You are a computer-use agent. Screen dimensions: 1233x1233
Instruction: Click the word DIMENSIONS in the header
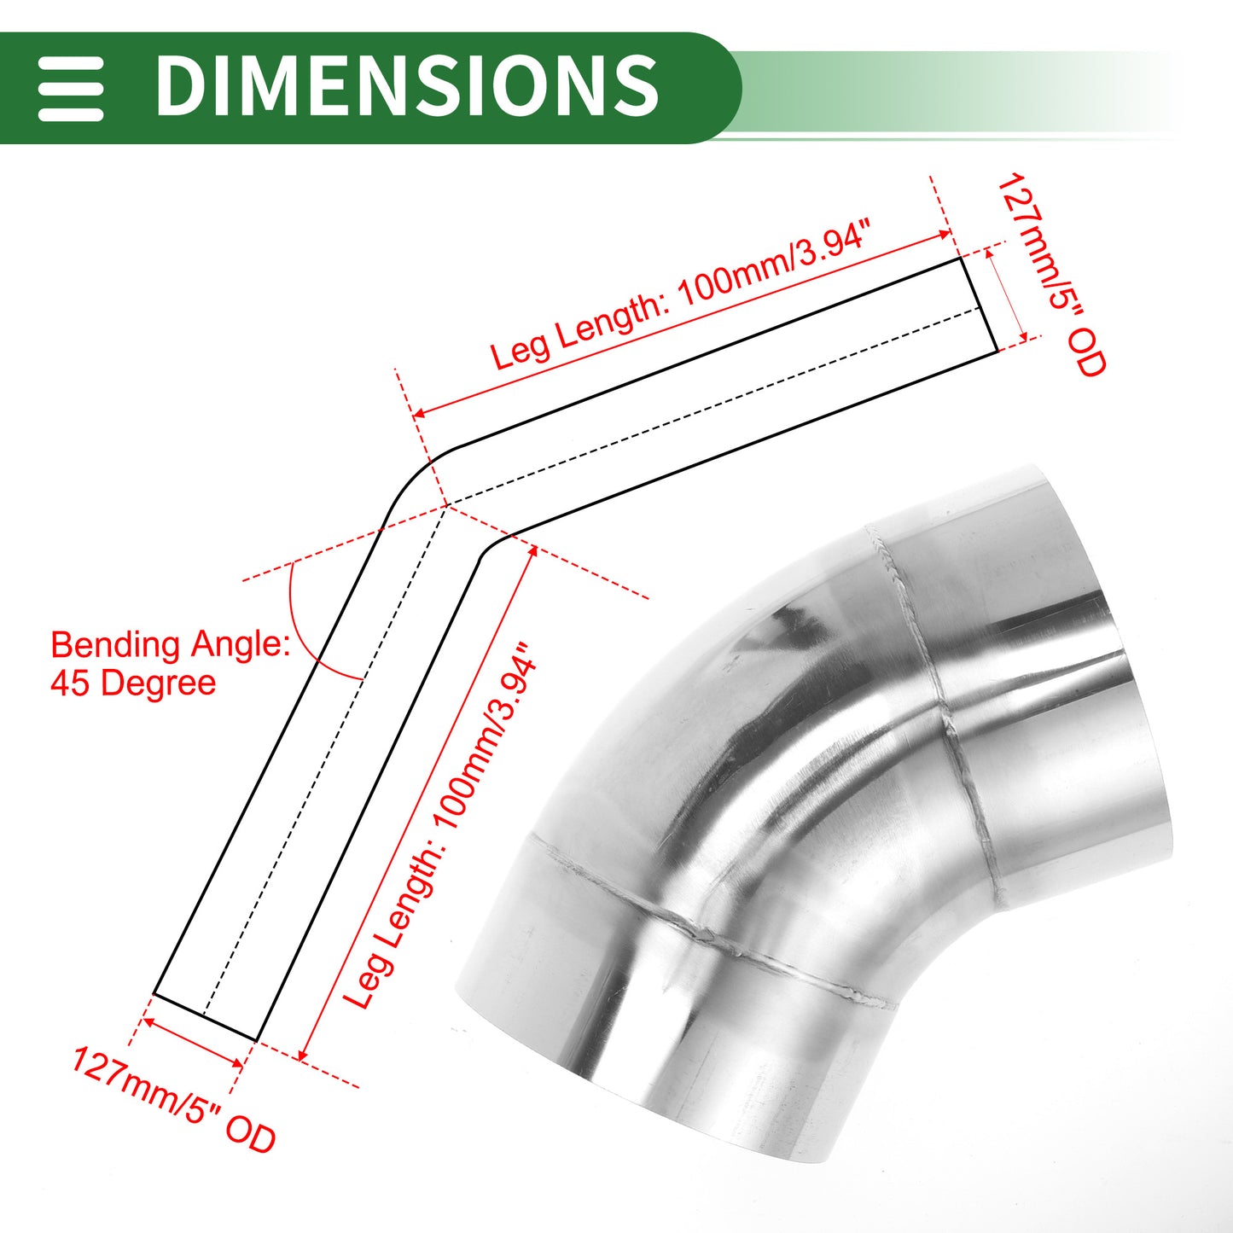coord(407,85)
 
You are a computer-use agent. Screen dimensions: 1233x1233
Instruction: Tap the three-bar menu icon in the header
coord(71,89)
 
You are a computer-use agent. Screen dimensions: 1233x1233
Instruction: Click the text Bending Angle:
coord(171,645)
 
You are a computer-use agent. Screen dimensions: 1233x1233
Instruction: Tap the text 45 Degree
coord(133,683)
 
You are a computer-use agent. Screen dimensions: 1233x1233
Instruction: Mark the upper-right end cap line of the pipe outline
coord(979,305)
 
